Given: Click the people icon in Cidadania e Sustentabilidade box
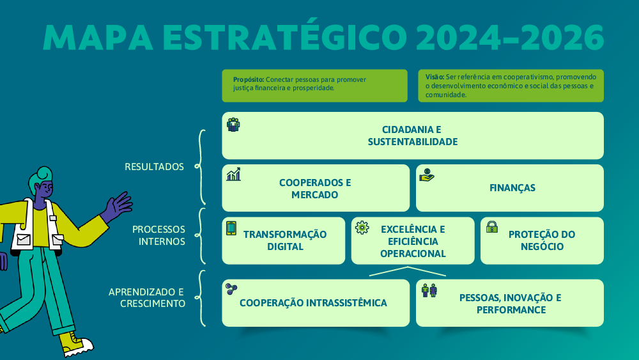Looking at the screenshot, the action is pos(233,125).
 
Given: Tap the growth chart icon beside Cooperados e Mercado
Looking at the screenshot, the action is pos(233,174).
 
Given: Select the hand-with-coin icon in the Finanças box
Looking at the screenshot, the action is pos(427,175).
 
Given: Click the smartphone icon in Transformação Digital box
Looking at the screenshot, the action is pos(231,228).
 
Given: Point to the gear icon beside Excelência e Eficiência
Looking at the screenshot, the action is pos(362,228).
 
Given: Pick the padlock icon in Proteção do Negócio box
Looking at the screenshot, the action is pos(492,227).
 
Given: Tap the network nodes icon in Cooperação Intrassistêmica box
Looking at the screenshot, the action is pos(231,289).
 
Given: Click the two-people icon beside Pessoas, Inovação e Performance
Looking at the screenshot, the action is pos(429,290).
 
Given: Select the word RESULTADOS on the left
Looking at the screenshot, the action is pos(154,167).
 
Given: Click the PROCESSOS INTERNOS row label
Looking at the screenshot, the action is pos(159,235).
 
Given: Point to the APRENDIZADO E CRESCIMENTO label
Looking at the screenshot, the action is pos(147,297).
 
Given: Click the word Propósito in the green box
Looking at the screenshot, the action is pos(249,79).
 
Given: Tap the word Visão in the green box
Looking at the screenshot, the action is pos(435,77).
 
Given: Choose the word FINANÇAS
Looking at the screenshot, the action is pos(512,188).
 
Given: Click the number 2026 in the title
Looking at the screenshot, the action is pos(562,38).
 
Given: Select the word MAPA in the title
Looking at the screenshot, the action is pos(98,38).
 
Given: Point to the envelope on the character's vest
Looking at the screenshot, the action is pos(23,239).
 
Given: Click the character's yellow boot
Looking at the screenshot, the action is pos(76,343).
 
